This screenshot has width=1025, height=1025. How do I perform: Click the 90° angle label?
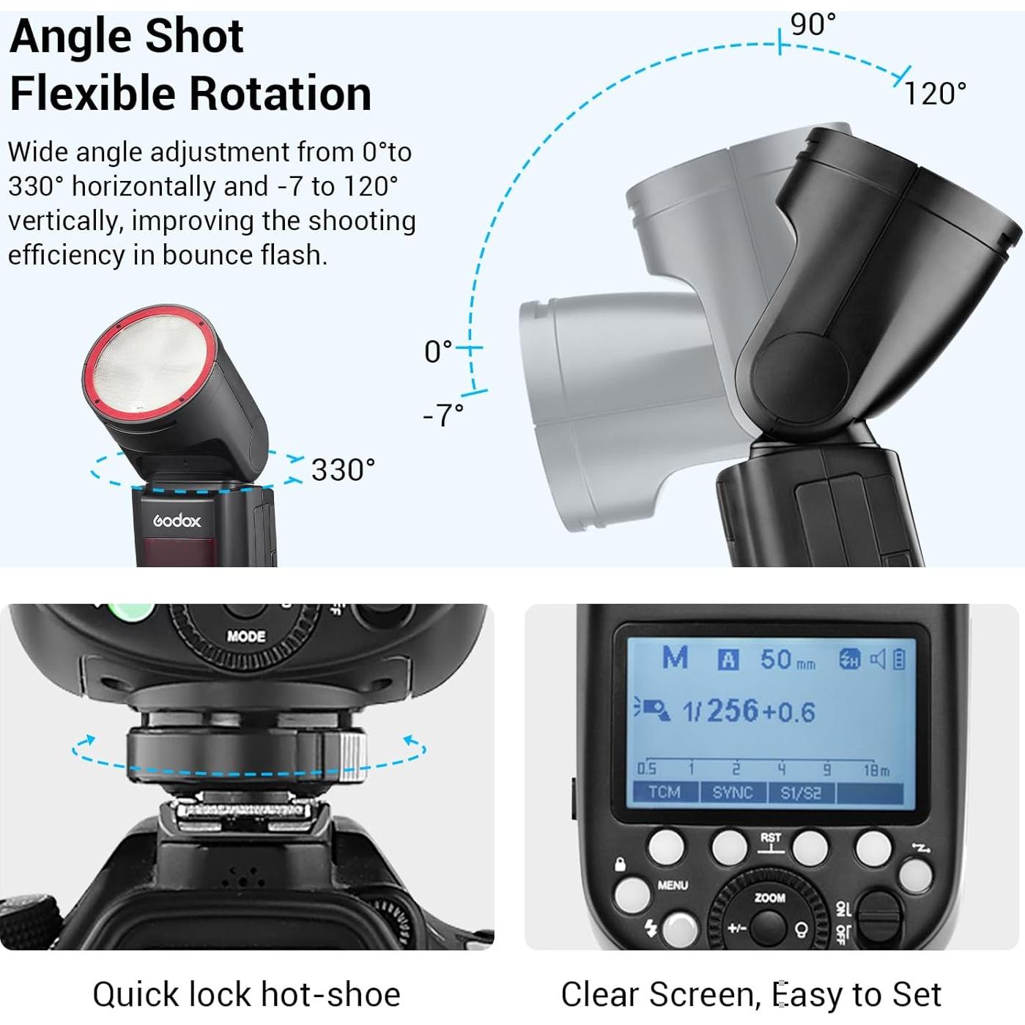click(x=813, y=25)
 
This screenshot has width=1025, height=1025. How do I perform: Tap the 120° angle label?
click(x=935, y=94)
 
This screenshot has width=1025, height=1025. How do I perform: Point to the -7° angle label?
click(x=443, y=415)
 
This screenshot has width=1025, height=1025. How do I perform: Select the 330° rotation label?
click(x=343, y=470)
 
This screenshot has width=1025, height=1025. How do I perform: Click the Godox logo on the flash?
click(x=177, y=521)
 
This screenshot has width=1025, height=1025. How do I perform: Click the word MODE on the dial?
click(x=246, y=636)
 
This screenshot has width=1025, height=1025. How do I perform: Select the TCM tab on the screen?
click(x=664, y=792)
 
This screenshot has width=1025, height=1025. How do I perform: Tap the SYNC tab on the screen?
click(x=733, y=792)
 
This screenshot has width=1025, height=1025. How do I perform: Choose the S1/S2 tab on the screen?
click(x=801, y=792)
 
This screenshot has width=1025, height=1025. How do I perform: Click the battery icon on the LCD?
click(x=899, y=659)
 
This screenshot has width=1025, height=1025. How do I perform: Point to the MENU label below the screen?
click(x=673, y=885)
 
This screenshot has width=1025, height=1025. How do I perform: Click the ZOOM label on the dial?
click(x=769, y=898)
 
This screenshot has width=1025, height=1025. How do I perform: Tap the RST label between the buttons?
click(x=771, y=837)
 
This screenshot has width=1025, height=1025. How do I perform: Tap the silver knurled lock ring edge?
click(x=353, y=754)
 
